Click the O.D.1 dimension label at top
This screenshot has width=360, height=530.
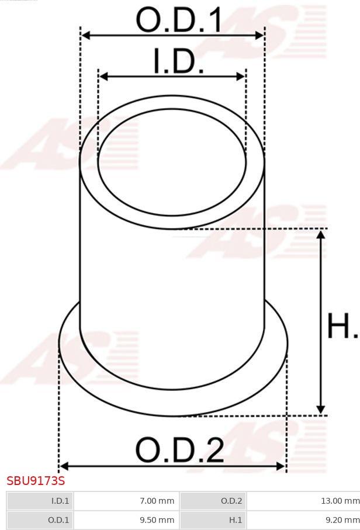pyautogui.click(x=179, y=20)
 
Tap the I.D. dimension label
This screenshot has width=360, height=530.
pyautogui.click(x=179, y=61)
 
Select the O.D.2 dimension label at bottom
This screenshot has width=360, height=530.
pyautogui.click(x=179, y=450)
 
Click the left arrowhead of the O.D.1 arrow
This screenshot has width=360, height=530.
pyautogui.click(x=86, y=35)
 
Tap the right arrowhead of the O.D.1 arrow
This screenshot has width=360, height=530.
pyautogui.click(x=259, y=35)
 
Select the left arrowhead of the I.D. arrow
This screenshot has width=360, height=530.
pyautogui.click(x=103, y=77)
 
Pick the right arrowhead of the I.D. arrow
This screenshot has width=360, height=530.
pyautogui.click(x=241, y=77)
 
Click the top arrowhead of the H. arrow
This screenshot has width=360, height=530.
pyautogui.click(x=321, y=234)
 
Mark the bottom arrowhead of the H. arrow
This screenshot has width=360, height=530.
pyautogui.click(x=321, y=409)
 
